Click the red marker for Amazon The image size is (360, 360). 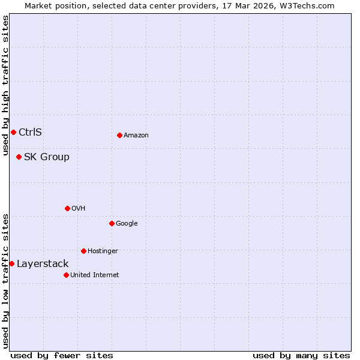119,135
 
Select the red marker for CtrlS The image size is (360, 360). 13,132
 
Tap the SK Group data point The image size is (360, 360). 19,157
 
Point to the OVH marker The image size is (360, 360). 67,208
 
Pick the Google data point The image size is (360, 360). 112,223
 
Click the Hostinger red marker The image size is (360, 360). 83,251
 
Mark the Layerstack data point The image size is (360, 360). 11,263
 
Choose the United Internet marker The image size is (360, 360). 66,275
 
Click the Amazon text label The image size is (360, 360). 136,135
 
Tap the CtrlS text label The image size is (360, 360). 30,132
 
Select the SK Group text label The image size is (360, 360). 46,157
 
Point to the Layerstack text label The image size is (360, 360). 43,263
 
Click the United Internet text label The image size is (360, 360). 94,275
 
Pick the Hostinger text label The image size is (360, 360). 103,251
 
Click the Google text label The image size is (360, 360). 127,223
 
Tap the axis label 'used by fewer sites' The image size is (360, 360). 62,355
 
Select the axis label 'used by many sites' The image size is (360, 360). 301,355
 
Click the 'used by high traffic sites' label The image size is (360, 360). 5,85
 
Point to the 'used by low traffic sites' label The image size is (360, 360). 5,280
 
